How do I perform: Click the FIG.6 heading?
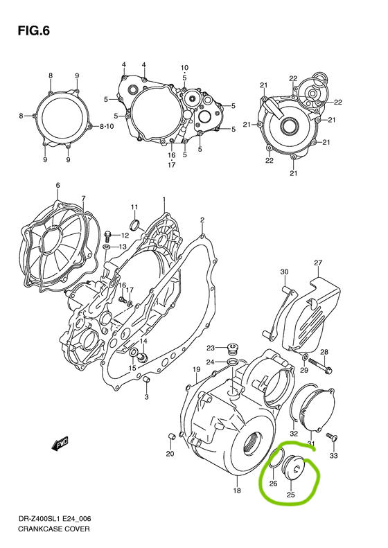pyautogui.click(x=34, y=31)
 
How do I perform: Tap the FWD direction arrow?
pyautogui.click(x=60, y=443)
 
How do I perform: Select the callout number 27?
pyautogui.click(x=318, y=263)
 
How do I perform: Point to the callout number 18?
pyautogui.click(x=237, y=490)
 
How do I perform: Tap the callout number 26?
pyautogui.click(x=273, y=484)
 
